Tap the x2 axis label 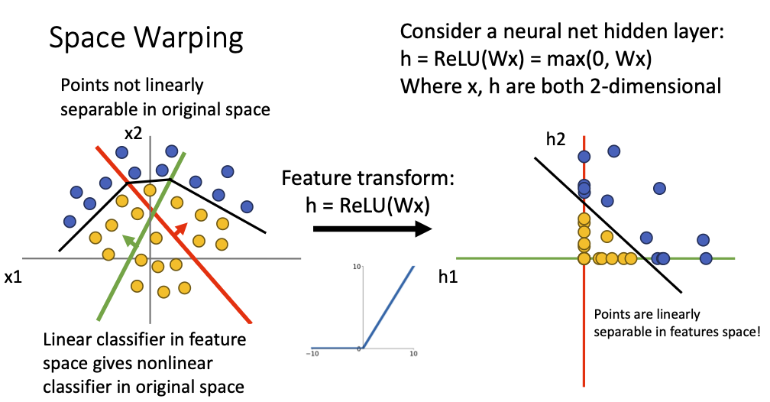[135, 133]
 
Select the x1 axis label [14, 277]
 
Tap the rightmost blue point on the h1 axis [706, 258]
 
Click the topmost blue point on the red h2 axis [584, 157]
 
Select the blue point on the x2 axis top [172, 151]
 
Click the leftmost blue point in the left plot [70, 221]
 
